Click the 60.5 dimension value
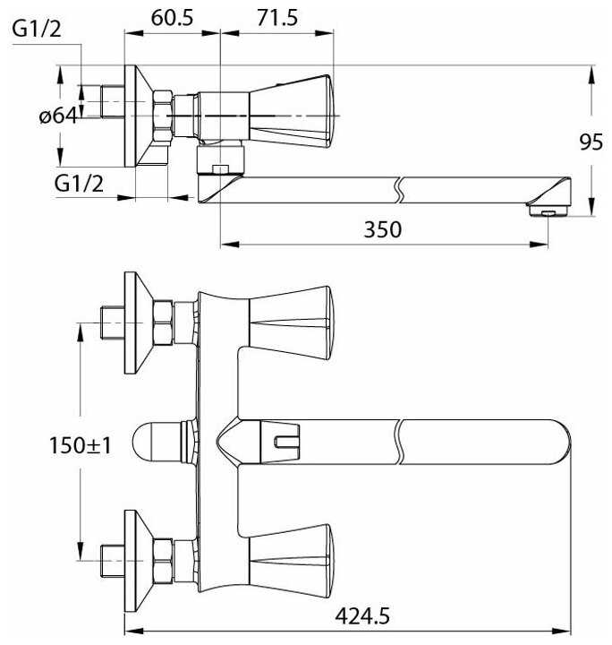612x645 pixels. coord(172,18)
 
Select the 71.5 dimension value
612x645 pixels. coord(277,18)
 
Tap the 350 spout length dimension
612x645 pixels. coord(382,229)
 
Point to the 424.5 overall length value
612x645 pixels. coord(362,616)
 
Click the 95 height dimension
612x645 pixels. coord(591,142)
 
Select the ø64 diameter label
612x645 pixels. coord(58,116)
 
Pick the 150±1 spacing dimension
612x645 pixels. coord(81,445)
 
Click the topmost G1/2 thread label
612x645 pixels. coord(37,29)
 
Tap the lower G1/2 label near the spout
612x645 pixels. coord(79,184)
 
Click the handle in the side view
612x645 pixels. coord(291,111)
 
